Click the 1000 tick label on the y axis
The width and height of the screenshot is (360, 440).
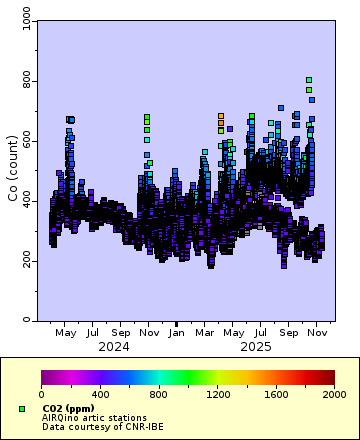[19, 21]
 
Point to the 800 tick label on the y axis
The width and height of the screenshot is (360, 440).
[22, 81]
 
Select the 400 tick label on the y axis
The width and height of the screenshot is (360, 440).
[22, 201]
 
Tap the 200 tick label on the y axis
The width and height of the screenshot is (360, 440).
[22, 261]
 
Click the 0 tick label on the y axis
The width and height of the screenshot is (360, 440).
[27, 321]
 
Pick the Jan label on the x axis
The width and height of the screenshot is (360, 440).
[176, 333]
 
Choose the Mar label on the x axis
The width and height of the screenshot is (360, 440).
[205, 333]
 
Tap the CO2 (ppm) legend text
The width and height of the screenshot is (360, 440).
[69, 408]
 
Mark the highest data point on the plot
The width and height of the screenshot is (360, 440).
[309, 80]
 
